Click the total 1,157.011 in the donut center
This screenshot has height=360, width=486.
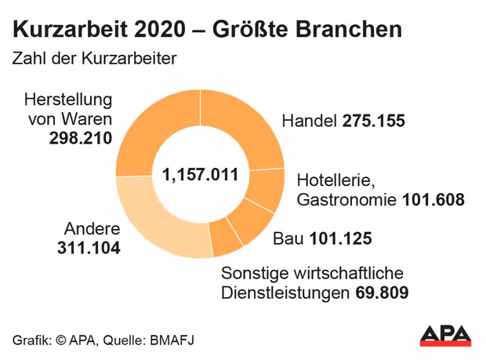(x=201, y=174)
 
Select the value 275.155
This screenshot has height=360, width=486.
(x=372, y=122)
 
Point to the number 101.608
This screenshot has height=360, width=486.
(x=433, y=200)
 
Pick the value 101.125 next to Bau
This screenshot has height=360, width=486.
(x=340, y=238)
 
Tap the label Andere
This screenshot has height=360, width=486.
(x=92, y=230)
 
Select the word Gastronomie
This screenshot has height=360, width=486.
(x=346, y=200)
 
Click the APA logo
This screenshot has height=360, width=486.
(x=445, y=334)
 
